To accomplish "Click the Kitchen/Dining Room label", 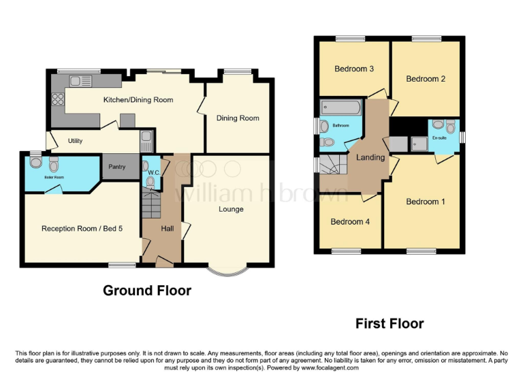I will [138, 100].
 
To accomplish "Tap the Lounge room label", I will [231, 209].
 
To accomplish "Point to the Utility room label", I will [75, 142].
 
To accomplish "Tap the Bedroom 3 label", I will [353, 69].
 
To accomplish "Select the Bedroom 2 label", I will [426, 79].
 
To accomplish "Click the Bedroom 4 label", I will [350, 222].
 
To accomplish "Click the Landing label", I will [370, 157].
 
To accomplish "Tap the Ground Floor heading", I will [147, 291].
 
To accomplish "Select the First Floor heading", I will [390, 323].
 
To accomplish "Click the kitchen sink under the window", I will [80, 82].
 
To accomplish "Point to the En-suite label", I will [444, 137].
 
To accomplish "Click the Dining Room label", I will [238, 118].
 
